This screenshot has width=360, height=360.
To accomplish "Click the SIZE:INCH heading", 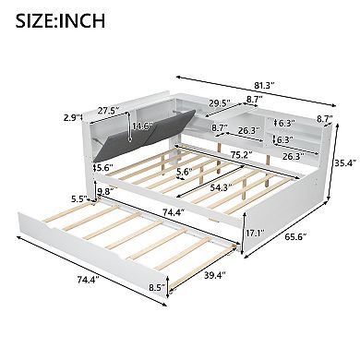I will click(57, 18).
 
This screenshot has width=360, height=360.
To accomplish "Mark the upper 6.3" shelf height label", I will click(284, 123).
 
